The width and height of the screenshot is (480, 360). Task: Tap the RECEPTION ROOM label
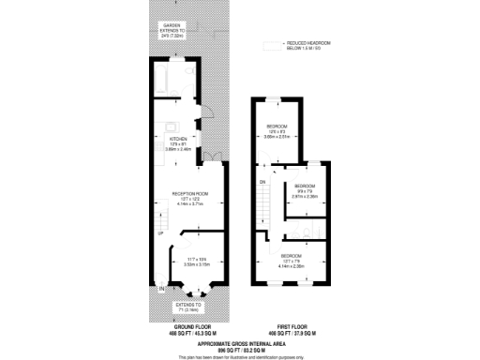[x=188, y=193]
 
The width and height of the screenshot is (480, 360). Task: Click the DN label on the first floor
[x=262, y=181]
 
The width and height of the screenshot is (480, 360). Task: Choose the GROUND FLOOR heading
[x=187, y=326]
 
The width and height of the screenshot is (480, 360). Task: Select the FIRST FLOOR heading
[x=289, y=326]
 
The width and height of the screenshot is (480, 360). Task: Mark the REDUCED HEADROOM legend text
[x=301, y=45]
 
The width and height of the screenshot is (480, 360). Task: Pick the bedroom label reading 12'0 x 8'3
[x=277, y=130]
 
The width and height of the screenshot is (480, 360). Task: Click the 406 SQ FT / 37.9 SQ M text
[x=289, y=333]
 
